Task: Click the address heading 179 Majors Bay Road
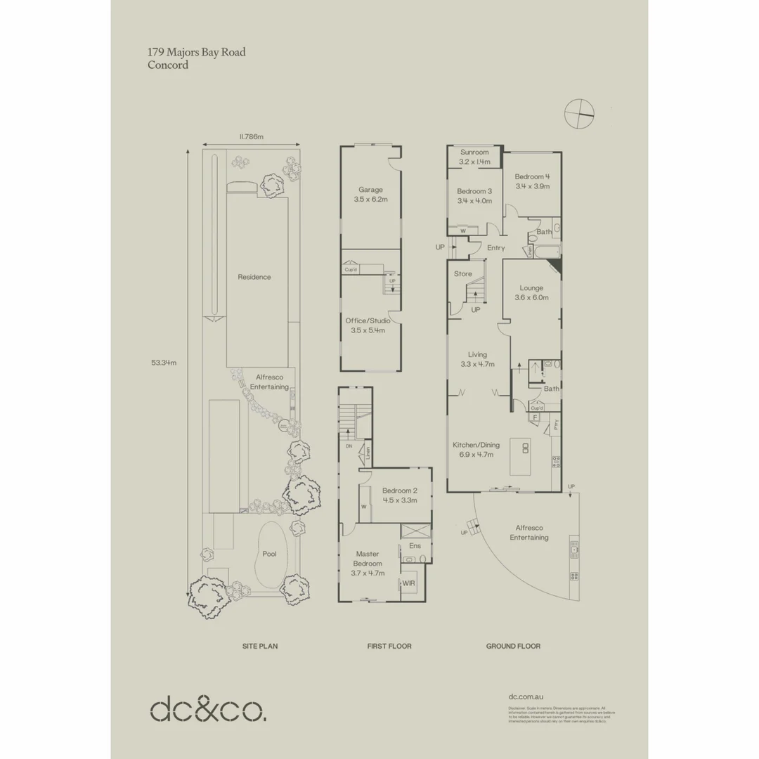(196, 52)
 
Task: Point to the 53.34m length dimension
(163, 363)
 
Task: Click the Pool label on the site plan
(269, 554)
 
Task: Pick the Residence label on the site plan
(254, 277)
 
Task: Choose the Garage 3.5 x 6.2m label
(370, 195)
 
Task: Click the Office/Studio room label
(368, 325)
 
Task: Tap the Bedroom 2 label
(400, 495)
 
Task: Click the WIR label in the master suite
(408, 583)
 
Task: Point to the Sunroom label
(474, 157)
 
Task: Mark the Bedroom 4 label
(531, 181)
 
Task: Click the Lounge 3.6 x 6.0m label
(531, 292)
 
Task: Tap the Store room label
(462, 273)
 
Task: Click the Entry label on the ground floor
(495, 247)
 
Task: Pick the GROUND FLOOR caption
(513, 646)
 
